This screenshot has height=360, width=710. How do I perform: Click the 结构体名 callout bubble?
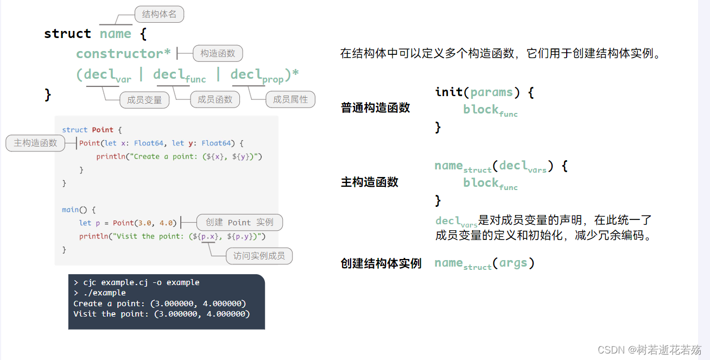pos(159,14)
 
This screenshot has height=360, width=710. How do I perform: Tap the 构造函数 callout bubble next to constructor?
pos(218,53)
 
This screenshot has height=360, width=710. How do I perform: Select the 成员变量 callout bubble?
pos(144,100)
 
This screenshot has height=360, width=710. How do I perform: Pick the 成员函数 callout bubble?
pos(215,99)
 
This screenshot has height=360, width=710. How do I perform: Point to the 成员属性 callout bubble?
pos(290,99)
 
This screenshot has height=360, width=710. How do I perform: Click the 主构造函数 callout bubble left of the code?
pos(35,143)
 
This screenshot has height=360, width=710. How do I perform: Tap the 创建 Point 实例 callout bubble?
pos(239,222)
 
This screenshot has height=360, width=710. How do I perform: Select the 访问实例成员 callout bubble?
pos(259,256)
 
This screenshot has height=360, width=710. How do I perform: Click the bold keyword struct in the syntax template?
pos(67,33)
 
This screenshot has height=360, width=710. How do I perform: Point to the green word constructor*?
pos(123,53)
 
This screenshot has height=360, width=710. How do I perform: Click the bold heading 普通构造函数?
pos(375,108)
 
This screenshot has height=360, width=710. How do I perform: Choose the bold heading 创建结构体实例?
pos(381,263)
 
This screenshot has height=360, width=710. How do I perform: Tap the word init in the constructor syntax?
pos(449,92)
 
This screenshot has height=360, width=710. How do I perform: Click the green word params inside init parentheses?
pos(492,93)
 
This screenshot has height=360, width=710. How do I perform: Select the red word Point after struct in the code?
pos(103,130)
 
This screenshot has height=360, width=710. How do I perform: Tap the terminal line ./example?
pos(104,293)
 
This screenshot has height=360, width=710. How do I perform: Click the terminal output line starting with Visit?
pos(162,314)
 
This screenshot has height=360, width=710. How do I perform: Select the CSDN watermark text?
pos(649,350)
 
